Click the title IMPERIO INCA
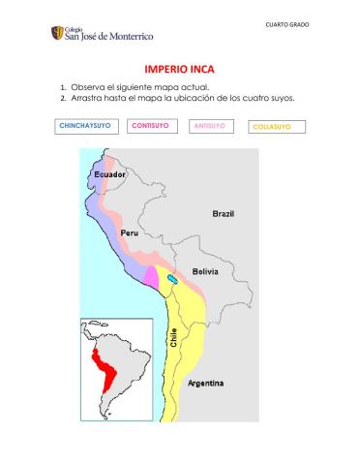(x=180, y=70)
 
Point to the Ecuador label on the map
(x=109, y=173)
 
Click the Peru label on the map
(x=130, y=233)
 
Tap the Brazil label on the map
(x=223, y=213)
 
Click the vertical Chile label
(x=174, y=338)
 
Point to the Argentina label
(x=205, y=384)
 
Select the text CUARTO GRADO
(x=287, y=24)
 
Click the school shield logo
(x=58, y=33)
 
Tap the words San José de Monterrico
(x=108, y=36)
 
